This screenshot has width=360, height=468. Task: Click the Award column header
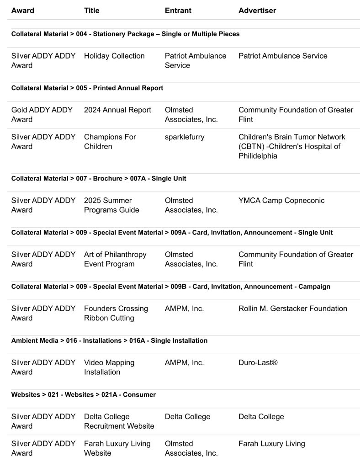(22, 11)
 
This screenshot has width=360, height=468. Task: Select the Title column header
(91, 11)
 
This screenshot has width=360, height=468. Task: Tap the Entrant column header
(178, 11)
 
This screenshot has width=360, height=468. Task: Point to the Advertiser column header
(257, 11)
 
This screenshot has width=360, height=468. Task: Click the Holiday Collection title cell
(114, 56)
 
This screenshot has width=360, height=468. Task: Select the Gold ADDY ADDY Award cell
(43, 115)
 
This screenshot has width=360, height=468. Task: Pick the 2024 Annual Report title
(117, 110)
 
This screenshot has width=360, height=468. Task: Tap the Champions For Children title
(110, 142)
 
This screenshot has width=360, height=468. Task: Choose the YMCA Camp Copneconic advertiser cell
(281, 201)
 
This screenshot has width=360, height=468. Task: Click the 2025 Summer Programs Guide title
(111, 205)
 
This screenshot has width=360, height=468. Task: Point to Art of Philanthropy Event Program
(115, 259)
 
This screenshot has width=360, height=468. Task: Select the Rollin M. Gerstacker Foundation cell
(292, 308)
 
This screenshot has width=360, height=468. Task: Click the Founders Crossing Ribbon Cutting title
(116, 313)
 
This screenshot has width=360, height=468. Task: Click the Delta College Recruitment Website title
(119, 421)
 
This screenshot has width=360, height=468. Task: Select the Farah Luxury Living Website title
(117, 448)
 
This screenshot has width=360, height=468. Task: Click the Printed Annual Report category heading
(87, 88)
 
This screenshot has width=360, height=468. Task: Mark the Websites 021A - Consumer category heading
(83, 394)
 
